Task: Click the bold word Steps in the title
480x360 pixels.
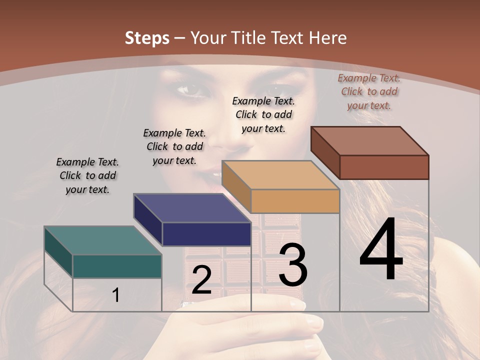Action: pyautogui.click(x=147, y=38)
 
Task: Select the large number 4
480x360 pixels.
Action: pyautogui.click(x=381, y=250)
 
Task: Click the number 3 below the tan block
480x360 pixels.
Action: pyautogui.click(x=293, y=265)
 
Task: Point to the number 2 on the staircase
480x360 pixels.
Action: pyautogui.click(x=201, y=280)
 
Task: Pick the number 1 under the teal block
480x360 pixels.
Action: pyautogui.click(x=116, y=295)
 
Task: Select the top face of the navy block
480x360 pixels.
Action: pyautogui.click(x=192, y=208)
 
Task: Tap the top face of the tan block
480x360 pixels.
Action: pyautogui.click(x=280, y=175)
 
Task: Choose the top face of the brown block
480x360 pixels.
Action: pyautogui.click(x=369, y=141)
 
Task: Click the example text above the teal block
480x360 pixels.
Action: pyautogui.click(x=87, y=175)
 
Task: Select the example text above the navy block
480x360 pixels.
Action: pyautogui.click(x=174, y=146)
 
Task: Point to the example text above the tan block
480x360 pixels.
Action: pyautogui.click(x=263, y=114)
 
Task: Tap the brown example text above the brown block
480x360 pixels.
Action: pyautogui.click(x=369, y=91)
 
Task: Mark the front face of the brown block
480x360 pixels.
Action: pyautogui.click(x=384, y=167)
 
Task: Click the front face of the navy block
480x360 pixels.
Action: pyautogui.click(x=206, y=234)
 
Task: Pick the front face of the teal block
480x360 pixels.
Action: pyautogui.click(x=117, y=266)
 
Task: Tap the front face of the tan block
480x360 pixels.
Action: pyautogui.click(x=295, y=201)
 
